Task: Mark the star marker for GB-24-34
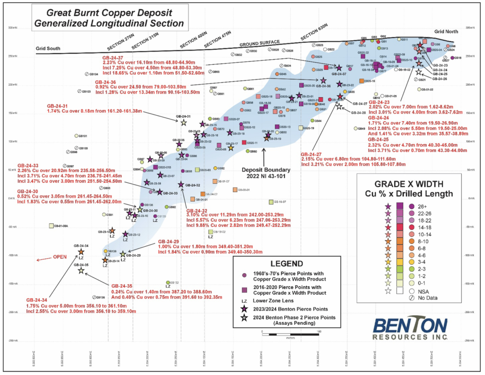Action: (81, 252)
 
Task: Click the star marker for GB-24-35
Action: (81, 270)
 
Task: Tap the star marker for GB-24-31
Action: (184, 122)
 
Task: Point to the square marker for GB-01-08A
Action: (52, 226)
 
